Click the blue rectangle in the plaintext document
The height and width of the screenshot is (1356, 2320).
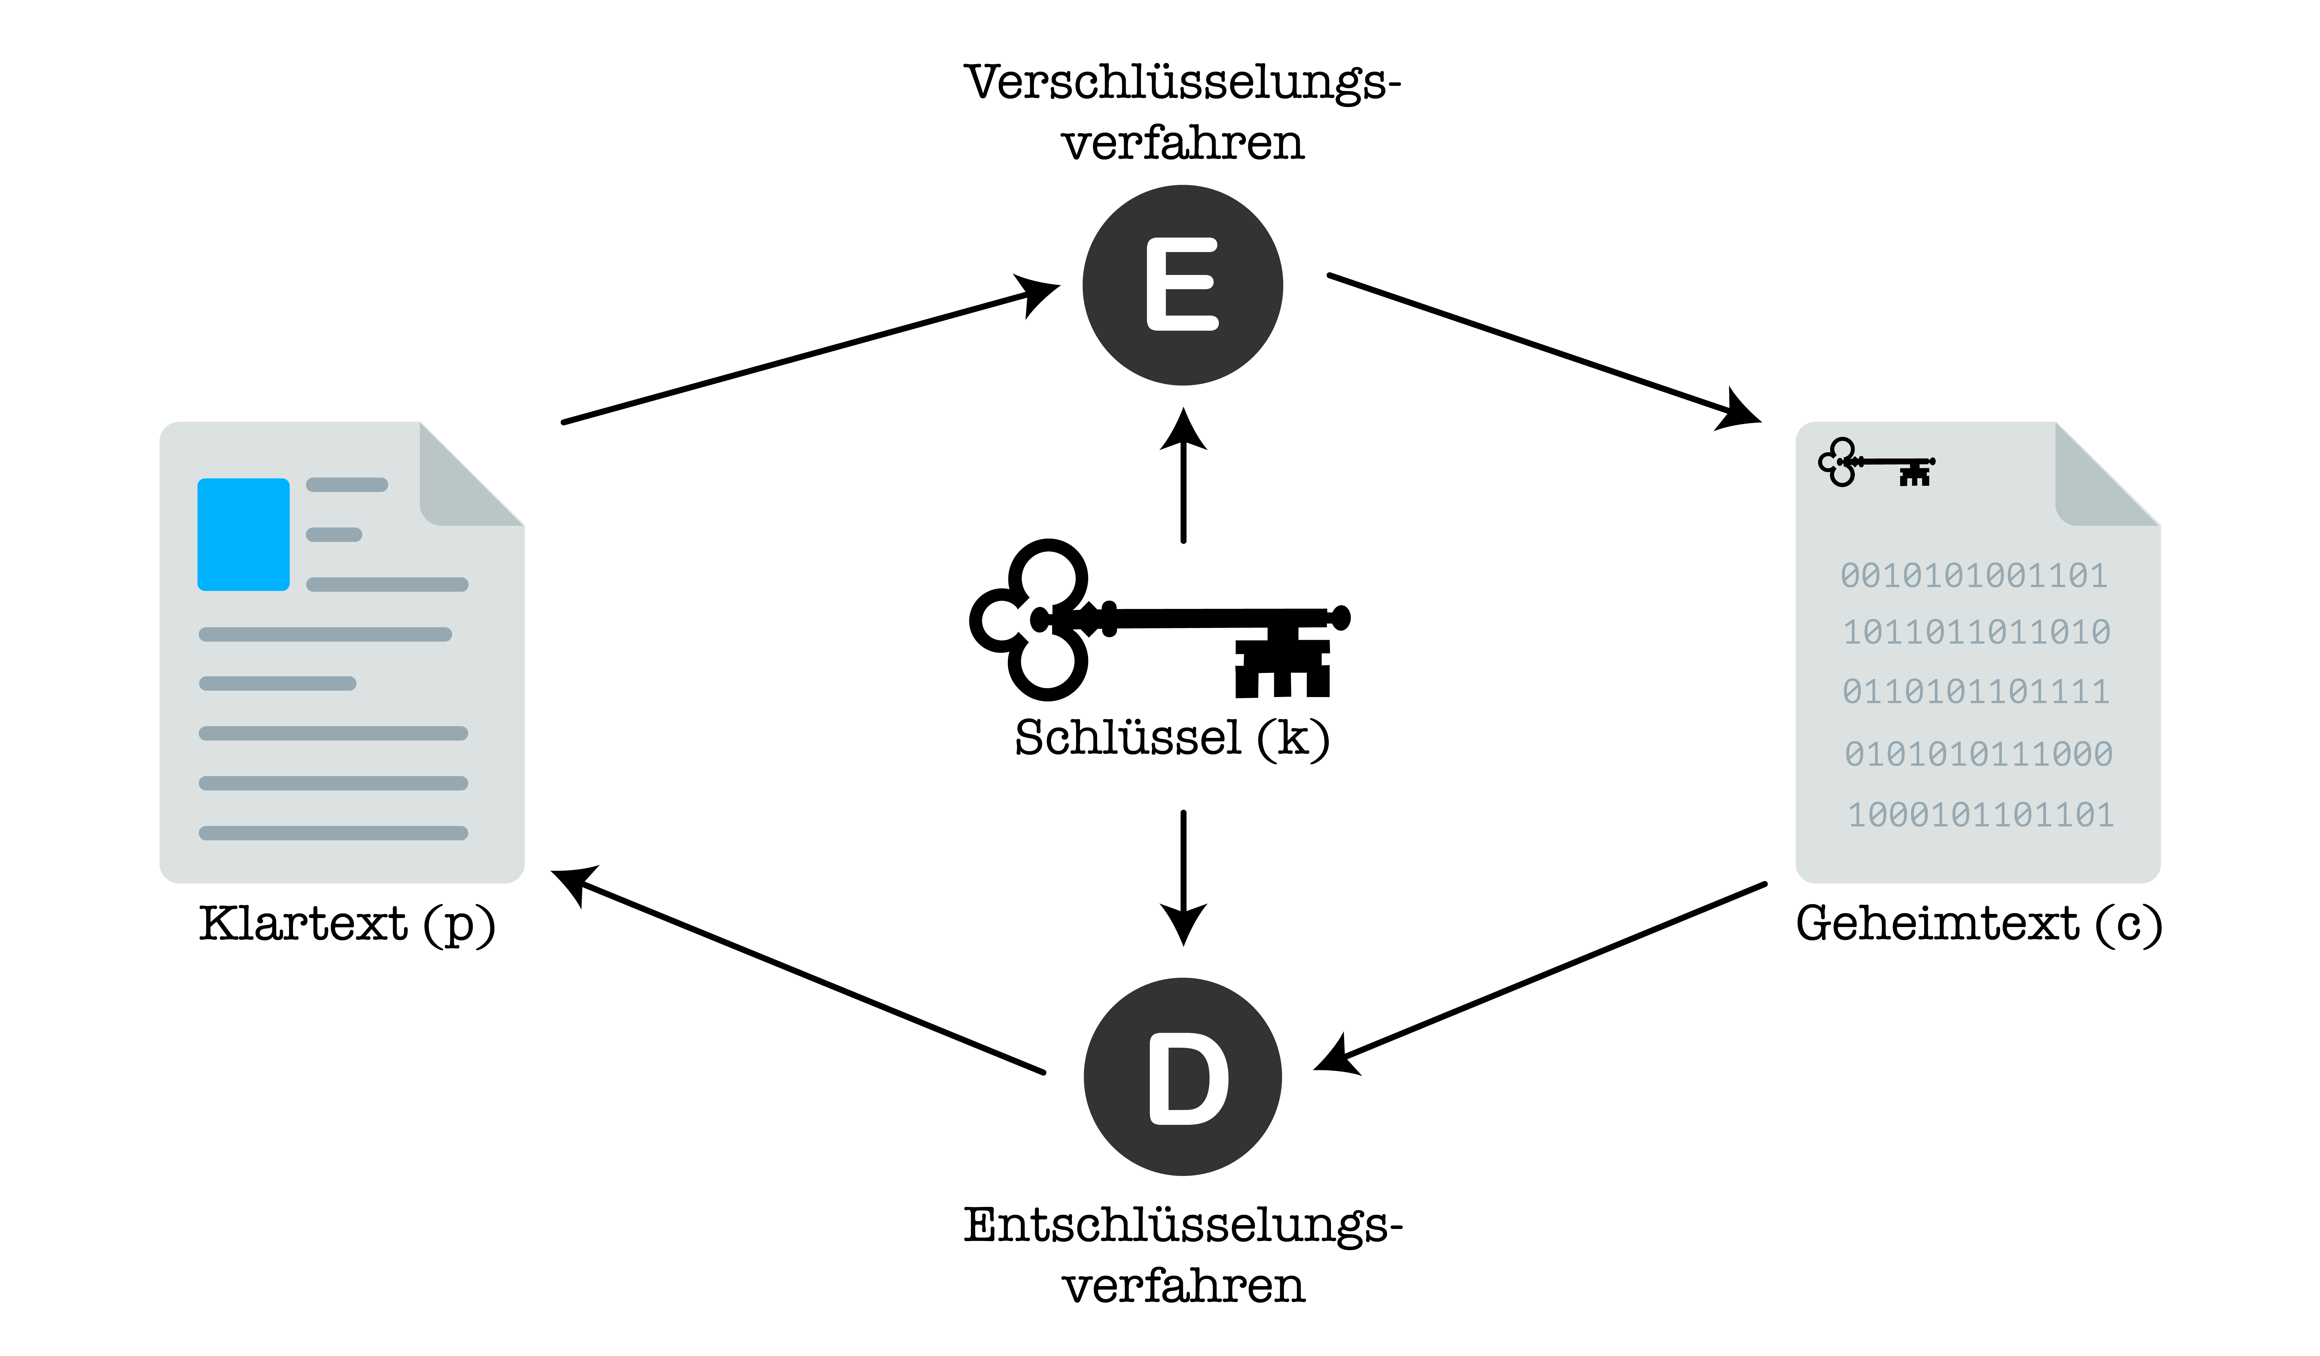[x=243, y=534]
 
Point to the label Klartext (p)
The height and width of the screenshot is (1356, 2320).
[x=347, y=924]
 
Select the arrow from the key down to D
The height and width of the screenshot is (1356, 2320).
[x=1183, y=875]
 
